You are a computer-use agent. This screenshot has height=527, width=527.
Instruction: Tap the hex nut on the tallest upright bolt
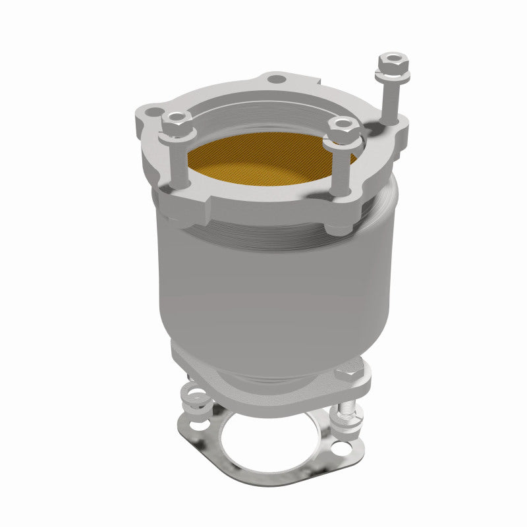(x=393, y=64)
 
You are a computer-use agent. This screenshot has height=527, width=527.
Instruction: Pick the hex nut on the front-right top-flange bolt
(x=343, y=127)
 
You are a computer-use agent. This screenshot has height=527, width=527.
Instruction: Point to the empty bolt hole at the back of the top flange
(x=277, y=80)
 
